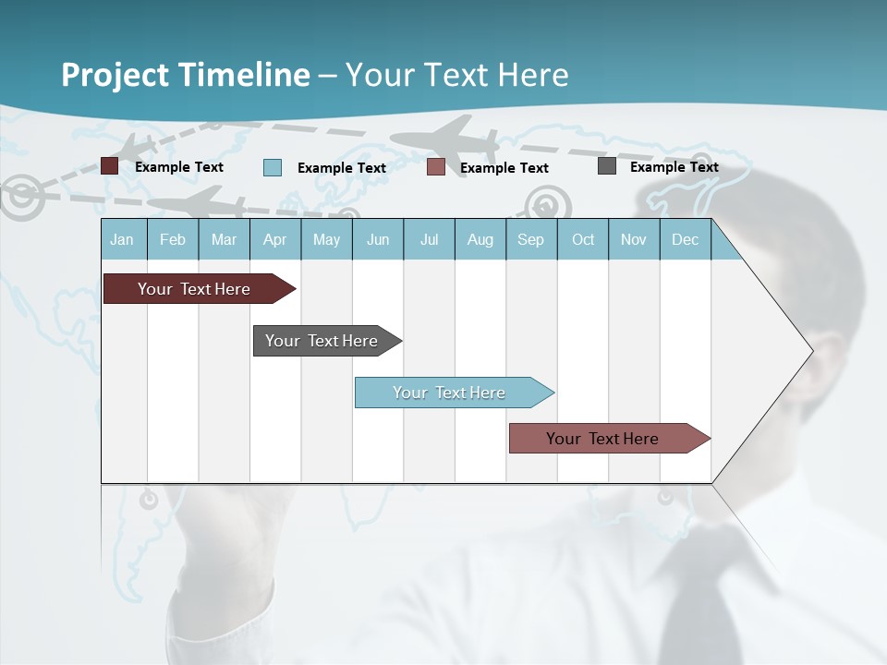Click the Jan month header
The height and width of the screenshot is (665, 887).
(x=122, y=239)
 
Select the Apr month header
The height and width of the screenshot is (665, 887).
(x=274, y=239)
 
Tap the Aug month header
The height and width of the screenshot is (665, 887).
(x=480, y=239)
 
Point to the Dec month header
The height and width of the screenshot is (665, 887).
(x=685, y=239)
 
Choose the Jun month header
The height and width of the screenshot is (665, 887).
(x=377, y=239)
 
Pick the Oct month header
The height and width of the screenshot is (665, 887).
(x=582, y=239)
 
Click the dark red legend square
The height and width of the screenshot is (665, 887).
(x=109, y=166)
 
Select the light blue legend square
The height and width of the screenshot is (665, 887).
(x=272, y=167)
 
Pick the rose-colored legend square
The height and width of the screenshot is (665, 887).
(x=436, y=167)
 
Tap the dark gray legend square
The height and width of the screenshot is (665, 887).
(x=607, y=166)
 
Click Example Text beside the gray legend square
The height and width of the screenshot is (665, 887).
(x=674, y=167)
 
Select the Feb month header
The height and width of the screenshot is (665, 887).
(x=173, y=239)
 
